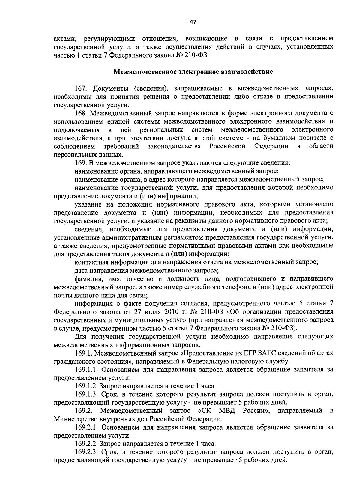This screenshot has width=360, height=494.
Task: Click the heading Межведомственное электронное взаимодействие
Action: (193, 72)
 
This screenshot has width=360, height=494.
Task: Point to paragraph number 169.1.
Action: (82, 353)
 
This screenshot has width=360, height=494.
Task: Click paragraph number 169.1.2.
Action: (86, 386)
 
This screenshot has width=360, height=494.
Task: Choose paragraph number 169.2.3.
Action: (86, 451)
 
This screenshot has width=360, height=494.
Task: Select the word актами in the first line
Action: (64, 39)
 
